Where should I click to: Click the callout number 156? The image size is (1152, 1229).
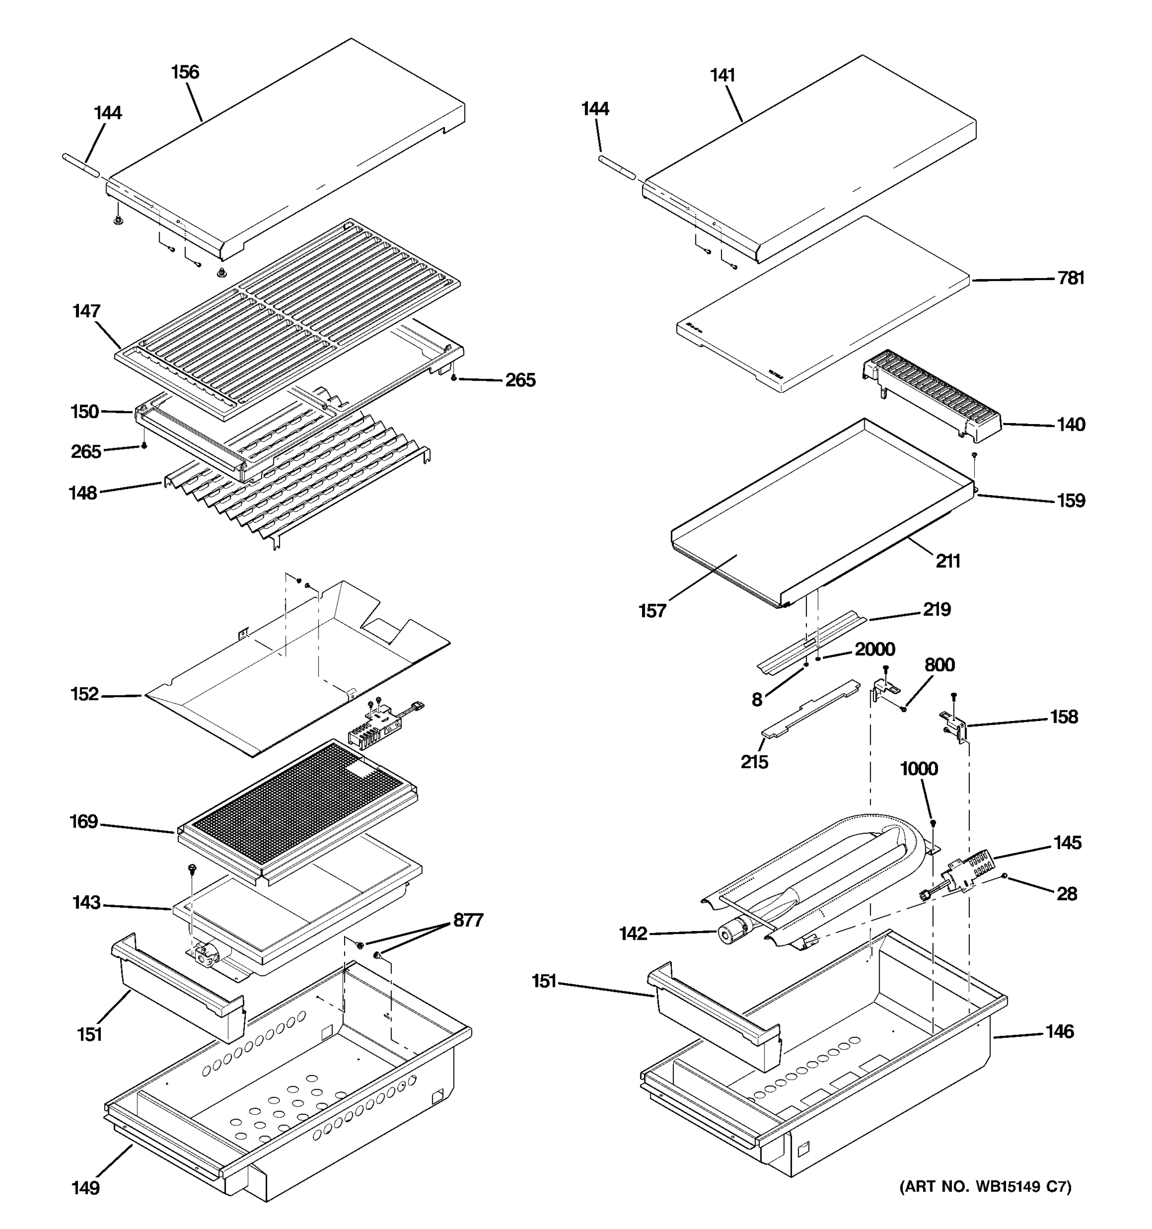point(185,72)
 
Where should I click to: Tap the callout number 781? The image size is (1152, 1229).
point(1071,278)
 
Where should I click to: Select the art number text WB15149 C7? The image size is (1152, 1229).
point(985,1186)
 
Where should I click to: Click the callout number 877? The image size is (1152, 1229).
point(468,921)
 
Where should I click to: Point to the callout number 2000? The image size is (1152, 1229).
point(874,649)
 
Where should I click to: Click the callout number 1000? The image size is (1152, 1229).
point(919,769)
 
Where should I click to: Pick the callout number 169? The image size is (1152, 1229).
point(83,821)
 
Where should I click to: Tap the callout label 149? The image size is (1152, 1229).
point(86,1188)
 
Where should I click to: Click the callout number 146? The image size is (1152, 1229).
point(1059,1032)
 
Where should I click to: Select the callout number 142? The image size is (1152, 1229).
point(633,934)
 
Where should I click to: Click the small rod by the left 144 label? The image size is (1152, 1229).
point(80,166)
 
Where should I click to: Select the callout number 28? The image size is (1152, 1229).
point(1066,894)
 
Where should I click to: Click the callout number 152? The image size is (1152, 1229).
point(84,694)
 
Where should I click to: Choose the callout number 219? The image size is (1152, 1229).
point(936,609)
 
